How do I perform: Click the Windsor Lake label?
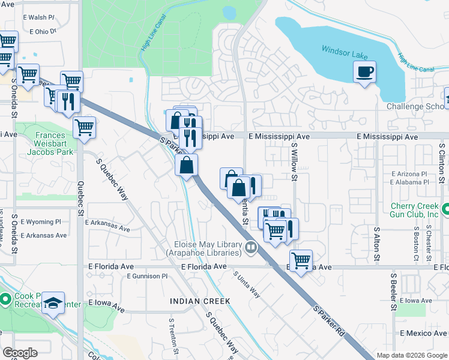345,52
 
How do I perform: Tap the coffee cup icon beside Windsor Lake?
364,73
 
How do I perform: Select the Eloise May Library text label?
208,249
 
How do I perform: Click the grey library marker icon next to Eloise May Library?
251,246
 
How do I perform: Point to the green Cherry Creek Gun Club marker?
445,209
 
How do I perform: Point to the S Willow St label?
294,161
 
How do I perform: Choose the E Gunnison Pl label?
147,276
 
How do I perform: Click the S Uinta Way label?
247,284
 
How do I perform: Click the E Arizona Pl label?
409,173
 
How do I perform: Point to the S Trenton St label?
172,337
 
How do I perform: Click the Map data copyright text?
411,355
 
